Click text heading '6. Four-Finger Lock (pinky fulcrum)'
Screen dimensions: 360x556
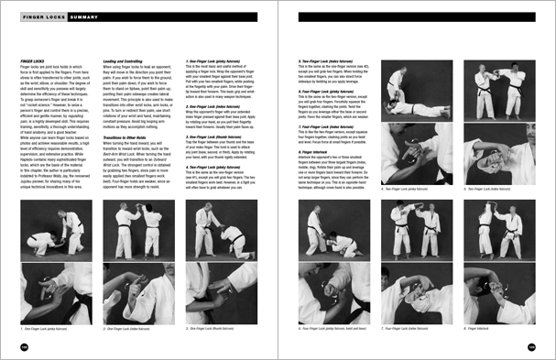(x=330, y=91)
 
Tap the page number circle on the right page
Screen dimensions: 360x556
(x=531, y=346)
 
